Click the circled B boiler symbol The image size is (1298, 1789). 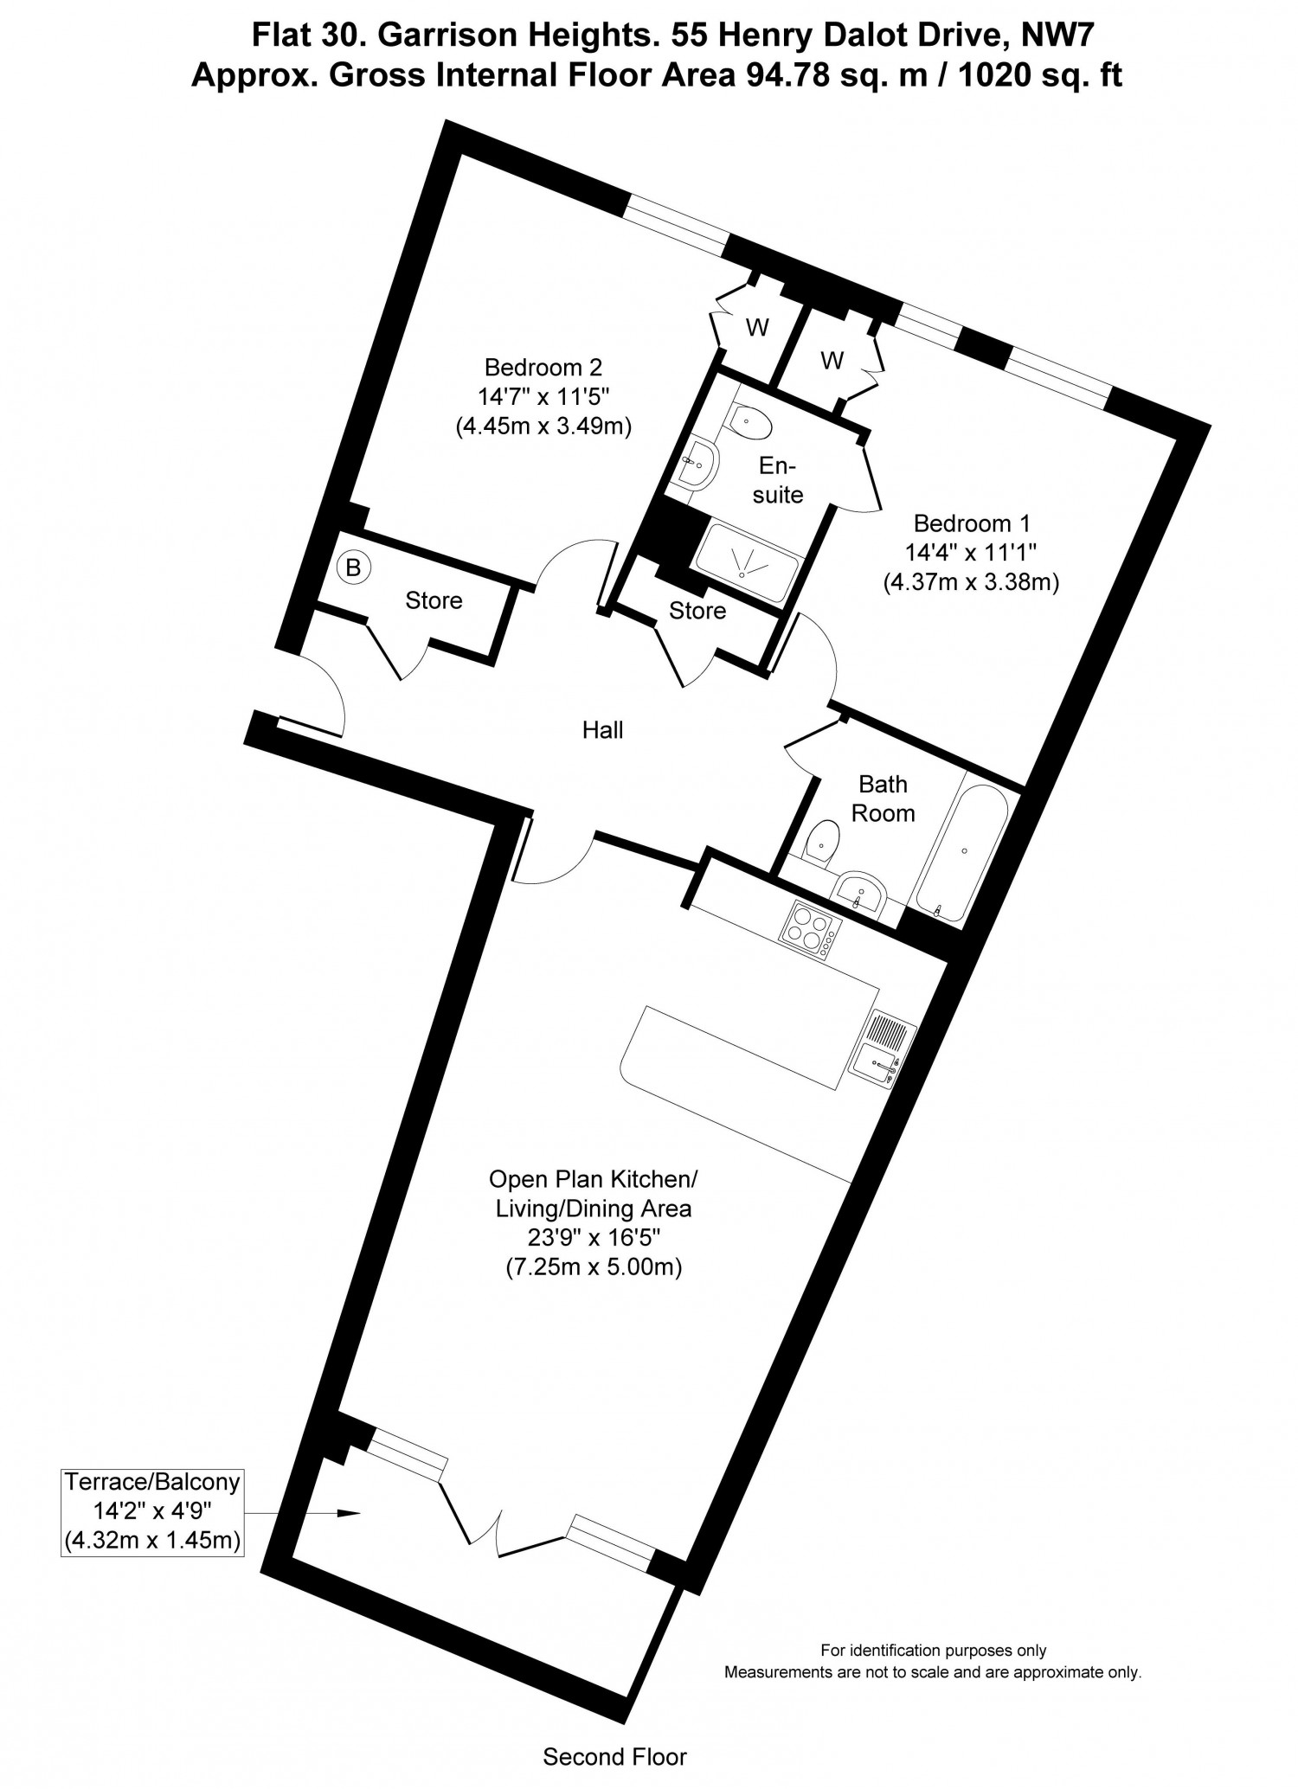353,568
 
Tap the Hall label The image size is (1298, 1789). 602,730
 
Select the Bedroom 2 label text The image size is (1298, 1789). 543,368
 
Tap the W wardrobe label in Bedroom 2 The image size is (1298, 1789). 758,328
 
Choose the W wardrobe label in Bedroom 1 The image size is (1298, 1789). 832,360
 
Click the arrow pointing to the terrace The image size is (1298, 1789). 302,1513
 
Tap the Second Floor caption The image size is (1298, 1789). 614,1757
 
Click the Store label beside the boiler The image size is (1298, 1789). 434,600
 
